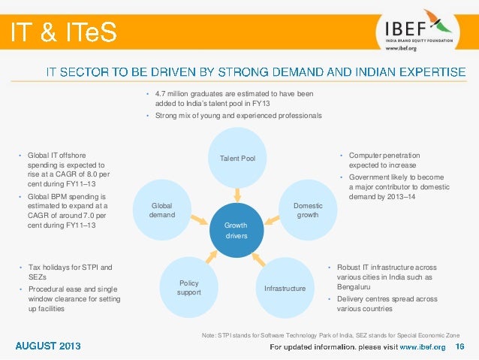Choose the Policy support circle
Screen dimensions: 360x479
pyautogui.click(x=188, y=286)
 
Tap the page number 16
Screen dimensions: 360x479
pyautogui.click(x=460, y=346)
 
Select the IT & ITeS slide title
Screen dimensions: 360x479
pyautogui.click(x=63, y=32)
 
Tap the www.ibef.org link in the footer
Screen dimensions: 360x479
pyautogui.click(x=421, y=346)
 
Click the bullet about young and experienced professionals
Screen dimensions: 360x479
pyautogui.click(x=238, y=116)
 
